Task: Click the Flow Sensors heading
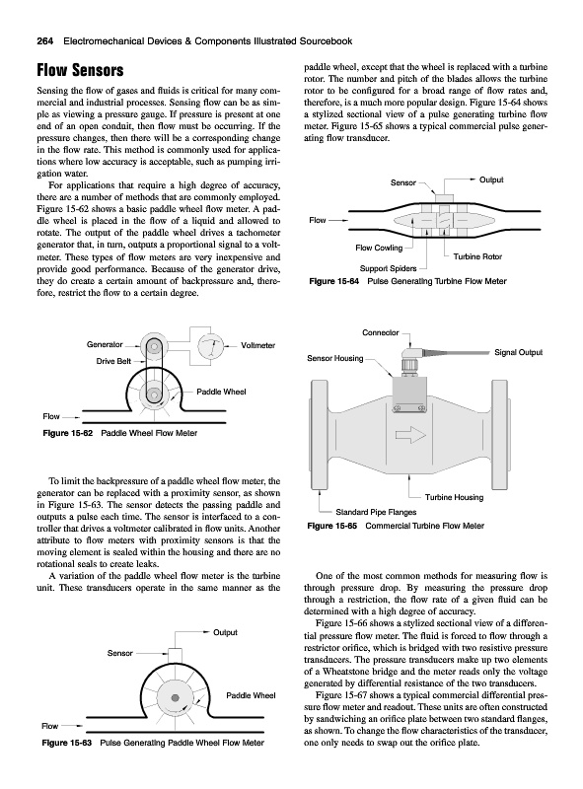click(x=80, y=70)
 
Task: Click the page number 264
click(x=45, y=41)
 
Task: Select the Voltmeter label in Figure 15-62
click(x=257, y=346)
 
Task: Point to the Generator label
click(x=105, y=344)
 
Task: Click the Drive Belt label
click(x=113, y=361)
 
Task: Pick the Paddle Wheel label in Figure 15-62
click(x=221, y=392)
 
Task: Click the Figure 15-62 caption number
click(x=68, y=433)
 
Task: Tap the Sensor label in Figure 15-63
click(x=119, y=653)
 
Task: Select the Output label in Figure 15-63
click(x=225, y=632)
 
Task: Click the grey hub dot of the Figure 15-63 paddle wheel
click(x=176, y=698)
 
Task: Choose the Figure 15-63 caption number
click(x=67, y=743)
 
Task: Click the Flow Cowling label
click(x=379, y=248)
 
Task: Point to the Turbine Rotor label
click(x=477, y=256)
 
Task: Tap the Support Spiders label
click(x=388, y=268)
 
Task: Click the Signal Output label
click(x=519, y=352)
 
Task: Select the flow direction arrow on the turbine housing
click(x=410, y=435)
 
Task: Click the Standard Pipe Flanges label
click(x=376, y=512)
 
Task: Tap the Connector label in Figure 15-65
click(x=381, y=332)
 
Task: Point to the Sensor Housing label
click(x=335, y=358)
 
